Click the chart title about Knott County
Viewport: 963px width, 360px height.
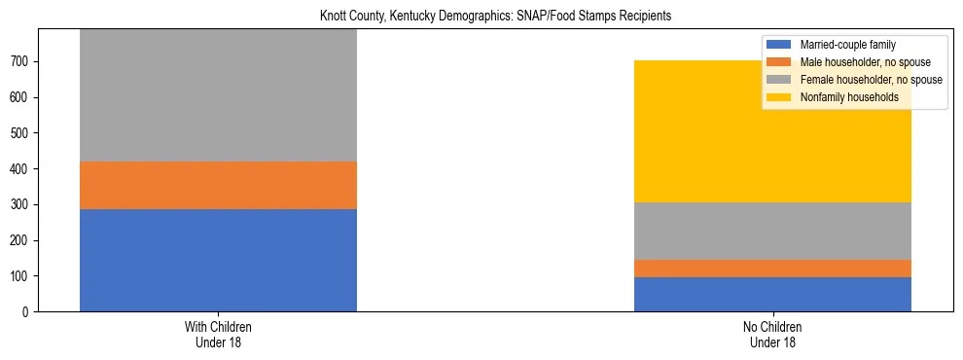pos(495,17)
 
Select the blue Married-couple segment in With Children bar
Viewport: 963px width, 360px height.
pos(218,260)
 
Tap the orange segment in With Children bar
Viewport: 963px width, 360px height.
pos(218,185)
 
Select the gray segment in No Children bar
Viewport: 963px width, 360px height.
pos(772,231)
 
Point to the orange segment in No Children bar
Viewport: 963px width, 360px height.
pos(772,269)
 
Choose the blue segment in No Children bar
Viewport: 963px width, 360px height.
pos(772,294)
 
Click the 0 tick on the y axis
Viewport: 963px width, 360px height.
pos(28,311)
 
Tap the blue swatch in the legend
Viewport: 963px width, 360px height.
pos(779,45)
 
